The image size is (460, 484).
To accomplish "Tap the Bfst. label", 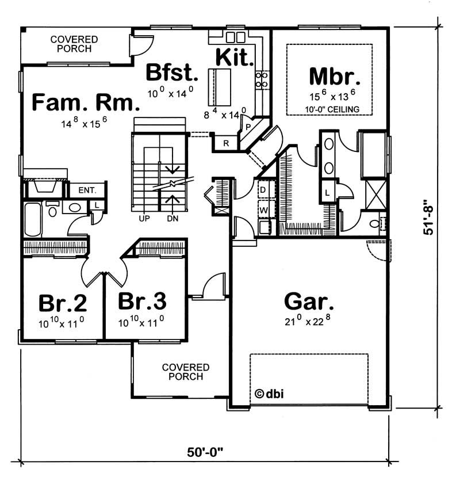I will pos(172,74).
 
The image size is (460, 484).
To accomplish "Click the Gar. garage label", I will pos(309,301).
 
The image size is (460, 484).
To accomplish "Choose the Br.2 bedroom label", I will pos(62,302).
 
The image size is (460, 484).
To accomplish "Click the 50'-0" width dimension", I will pos(205,452).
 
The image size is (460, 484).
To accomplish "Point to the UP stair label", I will pos(144,219).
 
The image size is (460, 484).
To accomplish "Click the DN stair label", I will pos(172,219).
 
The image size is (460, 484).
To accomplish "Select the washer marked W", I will pos(263,210).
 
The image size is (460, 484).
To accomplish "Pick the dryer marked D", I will pos(263,189).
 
